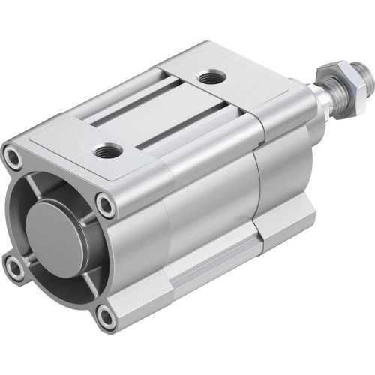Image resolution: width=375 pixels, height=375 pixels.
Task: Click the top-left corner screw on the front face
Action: click(13, 158)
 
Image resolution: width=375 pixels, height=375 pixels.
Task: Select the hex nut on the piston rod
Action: click(328, 76)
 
